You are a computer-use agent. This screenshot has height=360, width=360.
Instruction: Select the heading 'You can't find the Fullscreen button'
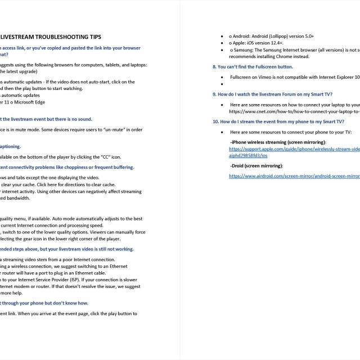[253, 66]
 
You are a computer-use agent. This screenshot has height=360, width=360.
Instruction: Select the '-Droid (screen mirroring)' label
[256, 166]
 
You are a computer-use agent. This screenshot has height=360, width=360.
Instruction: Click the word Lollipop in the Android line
[285, 35]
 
